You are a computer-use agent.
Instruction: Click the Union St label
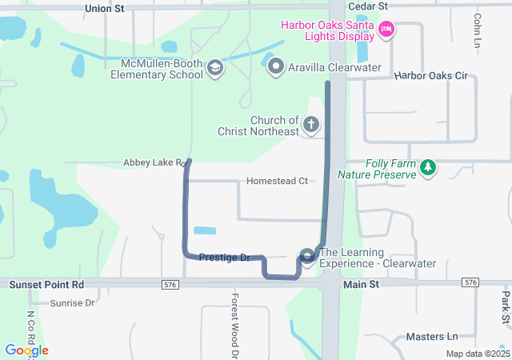click(105, 8)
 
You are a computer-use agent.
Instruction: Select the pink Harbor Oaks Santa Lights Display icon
click(386, 30)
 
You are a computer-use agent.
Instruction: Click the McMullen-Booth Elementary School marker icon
click(214, 68)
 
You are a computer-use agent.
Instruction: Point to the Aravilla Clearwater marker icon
click(276, 67)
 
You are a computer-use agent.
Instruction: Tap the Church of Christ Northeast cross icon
click(310, 126)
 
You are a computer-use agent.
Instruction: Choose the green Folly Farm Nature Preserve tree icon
click(430, 167)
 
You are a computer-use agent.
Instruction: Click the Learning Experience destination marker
click(306, 256)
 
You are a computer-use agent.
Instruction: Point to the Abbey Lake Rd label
click(154, 162)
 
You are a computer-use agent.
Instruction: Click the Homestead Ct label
click(277, 182)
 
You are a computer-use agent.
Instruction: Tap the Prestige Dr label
click(225, 258)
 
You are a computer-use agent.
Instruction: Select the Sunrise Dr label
click(72, 303)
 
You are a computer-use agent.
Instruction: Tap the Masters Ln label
click(431, 337)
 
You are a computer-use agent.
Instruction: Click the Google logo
click(26, 350)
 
